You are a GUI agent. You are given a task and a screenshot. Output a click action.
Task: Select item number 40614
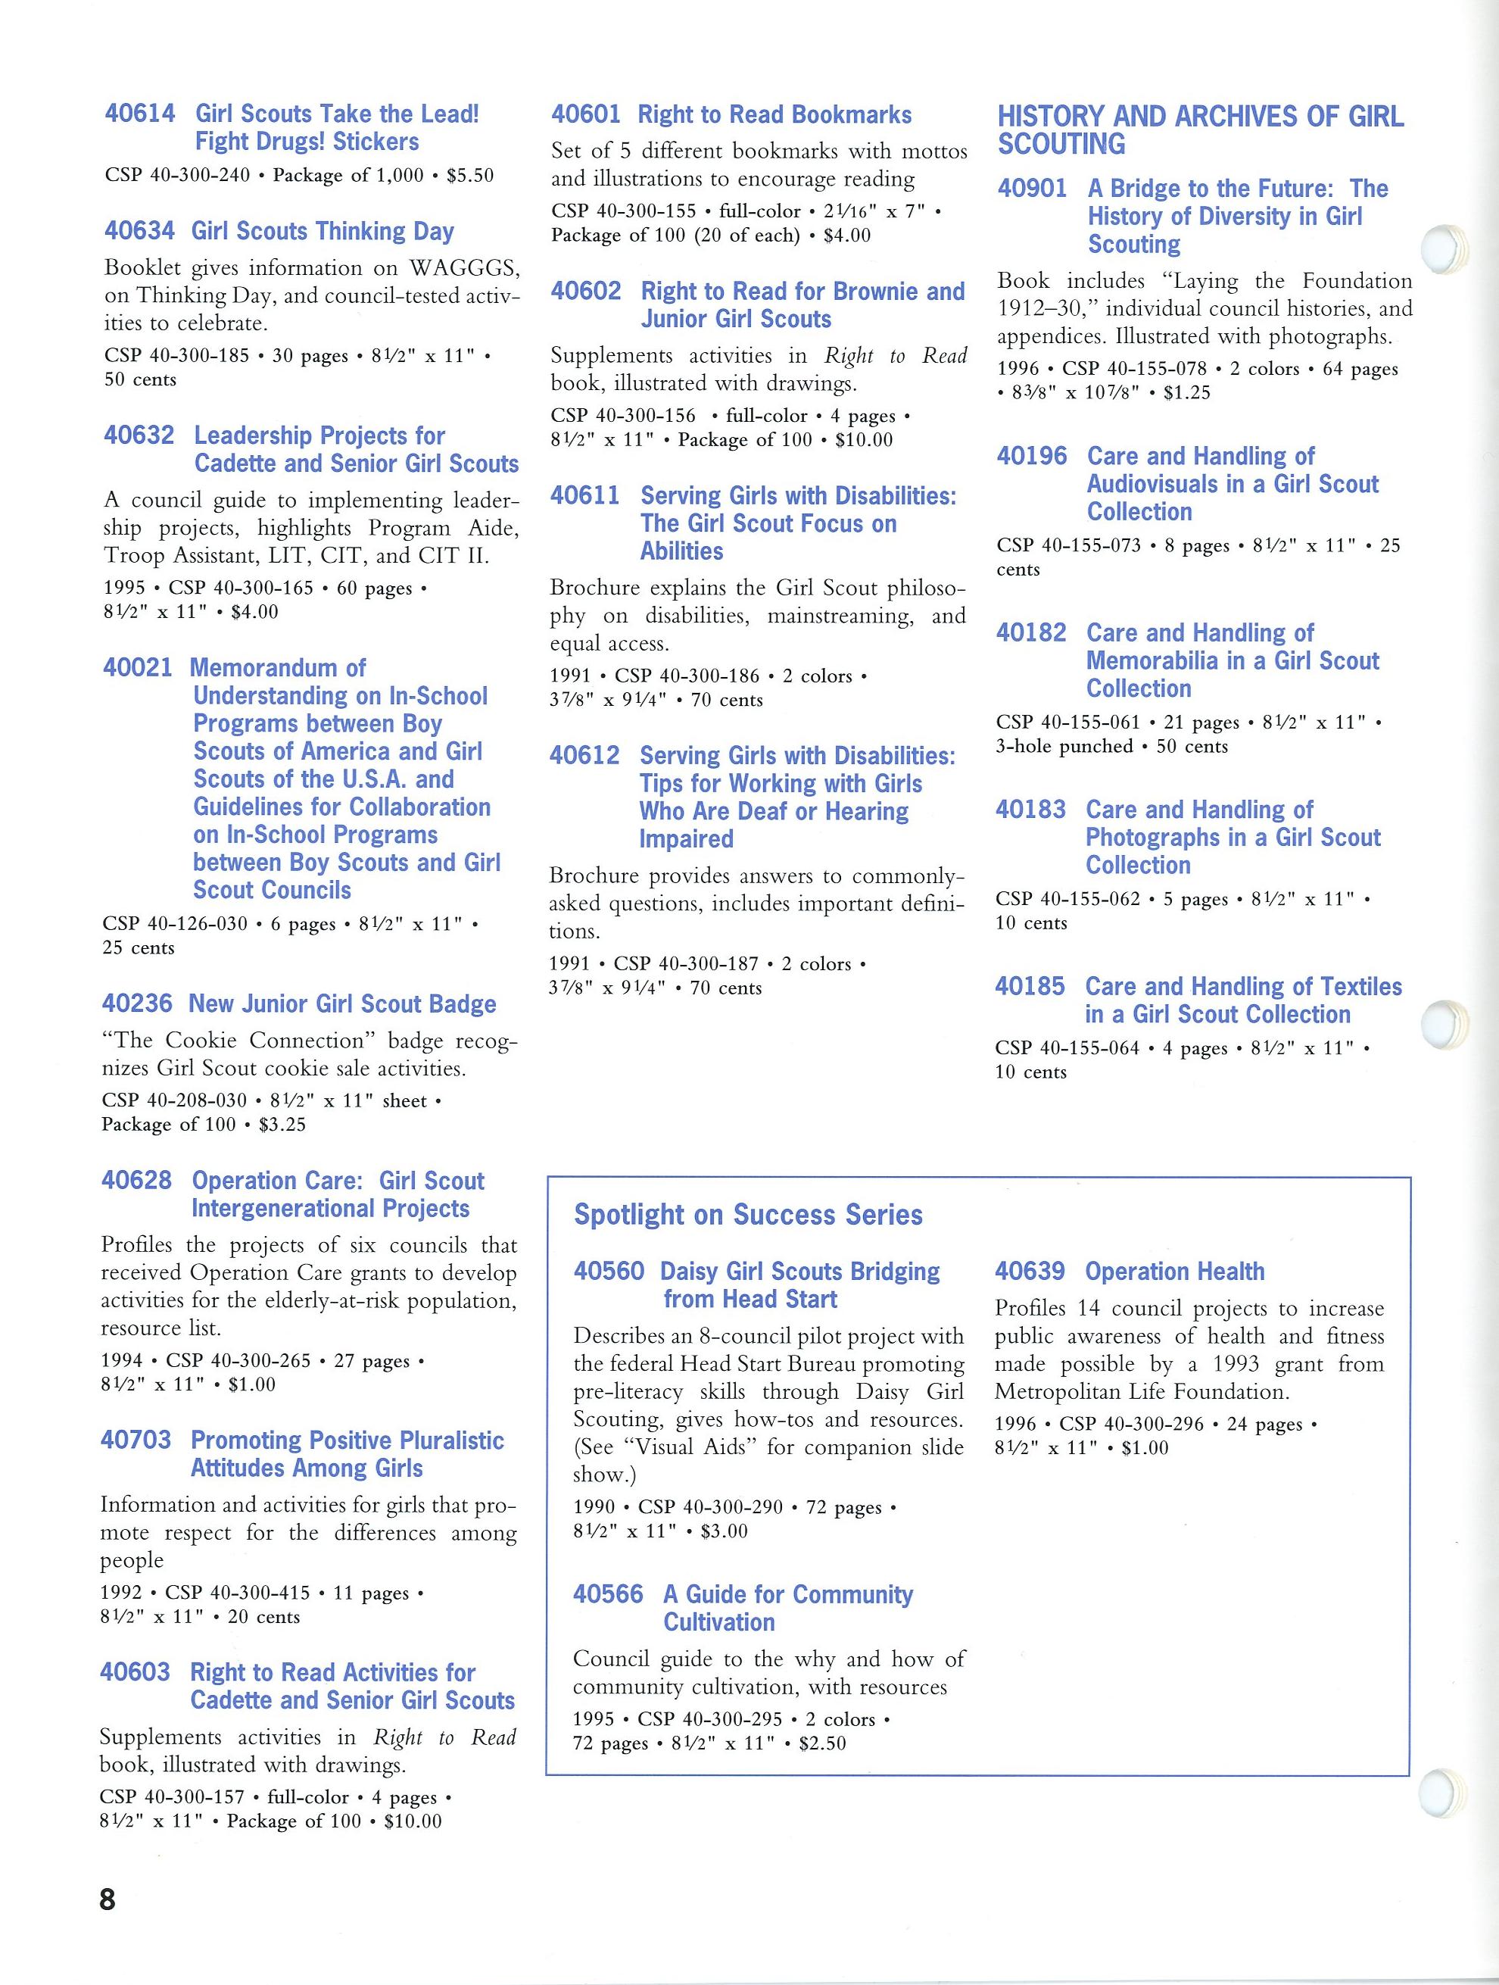click(x=140, y=114)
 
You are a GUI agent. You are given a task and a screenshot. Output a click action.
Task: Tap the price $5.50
click(x=470, y=175)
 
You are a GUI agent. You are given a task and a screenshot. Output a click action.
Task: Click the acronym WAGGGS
click(x=464, y=268)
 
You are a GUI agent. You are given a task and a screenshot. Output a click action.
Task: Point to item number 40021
click(x=137, y=668)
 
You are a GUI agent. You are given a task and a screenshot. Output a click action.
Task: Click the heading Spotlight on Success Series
click(x=748, y=1214)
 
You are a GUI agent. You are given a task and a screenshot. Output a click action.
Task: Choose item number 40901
click(x=1033, y=189)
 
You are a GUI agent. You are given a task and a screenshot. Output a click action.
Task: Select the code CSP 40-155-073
click(x=1068, y=545)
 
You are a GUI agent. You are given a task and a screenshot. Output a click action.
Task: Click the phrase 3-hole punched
click(x=1064, y=747)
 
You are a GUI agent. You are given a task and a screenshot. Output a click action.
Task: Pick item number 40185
click(x=1030, y=986)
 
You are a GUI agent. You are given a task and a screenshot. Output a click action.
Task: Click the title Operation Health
click(x=1174, y=1272)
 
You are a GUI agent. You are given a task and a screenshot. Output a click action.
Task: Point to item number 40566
click(x=608, y=1595)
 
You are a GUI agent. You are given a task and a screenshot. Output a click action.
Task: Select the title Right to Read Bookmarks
click(x=774, y=115)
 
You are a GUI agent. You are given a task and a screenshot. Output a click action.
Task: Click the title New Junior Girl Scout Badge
click(x=341, y=1004)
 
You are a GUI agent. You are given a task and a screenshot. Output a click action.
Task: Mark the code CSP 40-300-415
click(x=238, y=1593)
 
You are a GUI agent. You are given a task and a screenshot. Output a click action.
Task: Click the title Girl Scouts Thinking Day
click(x=322, y=232)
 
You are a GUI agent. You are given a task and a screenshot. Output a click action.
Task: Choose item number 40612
click(x=584, y=756)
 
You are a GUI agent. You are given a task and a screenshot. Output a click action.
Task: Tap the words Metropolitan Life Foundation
click(x=1141, y=1392)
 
